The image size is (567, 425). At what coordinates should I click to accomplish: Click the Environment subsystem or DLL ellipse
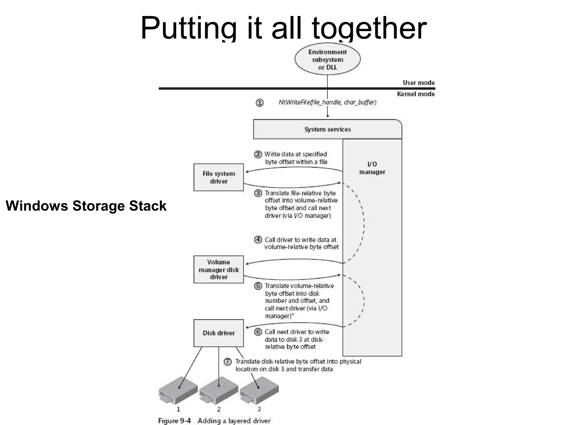point(328,59)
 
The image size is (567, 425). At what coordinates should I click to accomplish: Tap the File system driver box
point(218,177)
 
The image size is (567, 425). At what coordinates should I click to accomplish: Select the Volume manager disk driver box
point(218,269)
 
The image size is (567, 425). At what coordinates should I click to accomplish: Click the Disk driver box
point(218,333)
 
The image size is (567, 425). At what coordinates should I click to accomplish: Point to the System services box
point(328,129)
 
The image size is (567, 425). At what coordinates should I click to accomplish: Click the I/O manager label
point(372,168)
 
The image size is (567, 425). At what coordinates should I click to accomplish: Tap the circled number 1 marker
point(259,103)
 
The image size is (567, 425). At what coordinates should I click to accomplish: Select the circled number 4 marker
point(258,239)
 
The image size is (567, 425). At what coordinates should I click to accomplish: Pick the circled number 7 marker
point(228,362)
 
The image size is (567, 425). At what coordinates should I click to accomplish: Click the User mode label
point(419,83)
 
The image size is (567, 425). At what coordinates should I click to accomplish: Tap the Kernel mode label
point(416,94)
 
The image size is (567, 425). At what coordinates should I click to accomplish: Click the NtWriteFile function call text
point(328,102)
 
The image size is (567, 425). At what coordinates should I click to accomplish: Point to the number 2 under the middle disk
point(219,409)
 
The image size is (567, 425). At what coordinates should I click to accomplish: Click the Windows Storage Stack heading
point(86,206)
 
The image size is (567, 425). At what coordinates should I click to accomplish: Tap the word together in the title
point(369,28)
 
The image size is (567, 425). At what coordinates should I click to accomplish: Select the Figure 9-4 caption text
point(214,421)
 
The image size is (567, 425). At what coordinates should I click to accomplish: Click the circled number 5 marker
point(258,286)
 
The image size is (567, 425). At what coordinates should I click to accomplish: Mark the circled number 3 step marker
point(258,193)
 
